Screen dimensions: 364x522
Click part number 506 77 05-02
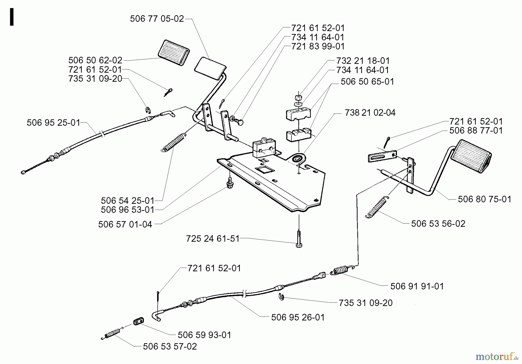tap(157, 19)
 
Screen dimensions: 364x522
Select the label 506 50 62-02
tap(95, 60)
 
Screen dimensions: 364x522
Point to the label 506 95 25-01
tap(53, 123)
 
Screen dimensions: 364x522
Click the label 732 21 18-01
tap(363, 61)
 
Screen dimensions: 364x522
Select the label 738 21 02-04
tap(370, 113)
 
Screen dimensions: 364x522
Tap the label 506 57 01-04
tap(125, 224)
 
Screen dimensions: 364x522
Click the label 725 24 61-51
tap(213, 239)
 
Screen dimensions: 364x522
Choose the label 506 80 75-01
tap(484, 199)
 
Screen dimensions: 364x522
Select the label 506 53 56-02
tap(438, 224)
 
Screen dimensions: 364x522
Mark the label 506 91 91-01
tap(417, 286)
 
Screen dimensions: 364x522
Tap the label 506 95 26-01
tap(298, 317)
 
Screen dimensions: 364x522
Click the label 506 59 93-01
tap(204, 335)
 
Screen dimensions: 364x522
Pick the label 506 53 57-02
tap(170, 347)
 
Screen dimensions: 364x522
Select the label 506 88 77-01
tap(476, 131)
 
